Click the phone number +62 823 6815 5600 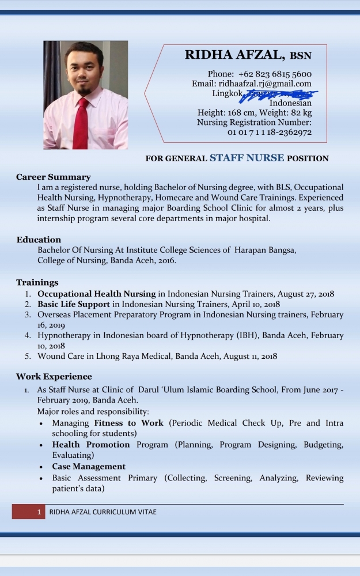[x=275, y=74]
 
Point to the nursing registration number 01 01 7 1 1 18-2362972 [x=270, y=132]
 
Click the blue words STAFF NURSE [x=247, y=157]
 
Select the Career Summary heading [x=53, y=177]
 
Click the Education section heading [x=39, y=240]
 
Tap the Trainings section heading [x=37, y=282]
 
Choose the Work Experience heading [x=54, y=377]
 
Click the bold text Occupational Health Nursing [x=97, y=294]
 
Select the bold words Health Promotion [x=91, y=445]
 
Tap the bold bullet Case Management [x=89, y=467]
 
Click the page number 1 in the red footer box [x=39, y=511]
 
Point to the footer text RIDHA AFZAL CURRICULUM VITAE [x=103, y=511]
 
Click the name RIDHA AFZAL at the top [x=234, y=55]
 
